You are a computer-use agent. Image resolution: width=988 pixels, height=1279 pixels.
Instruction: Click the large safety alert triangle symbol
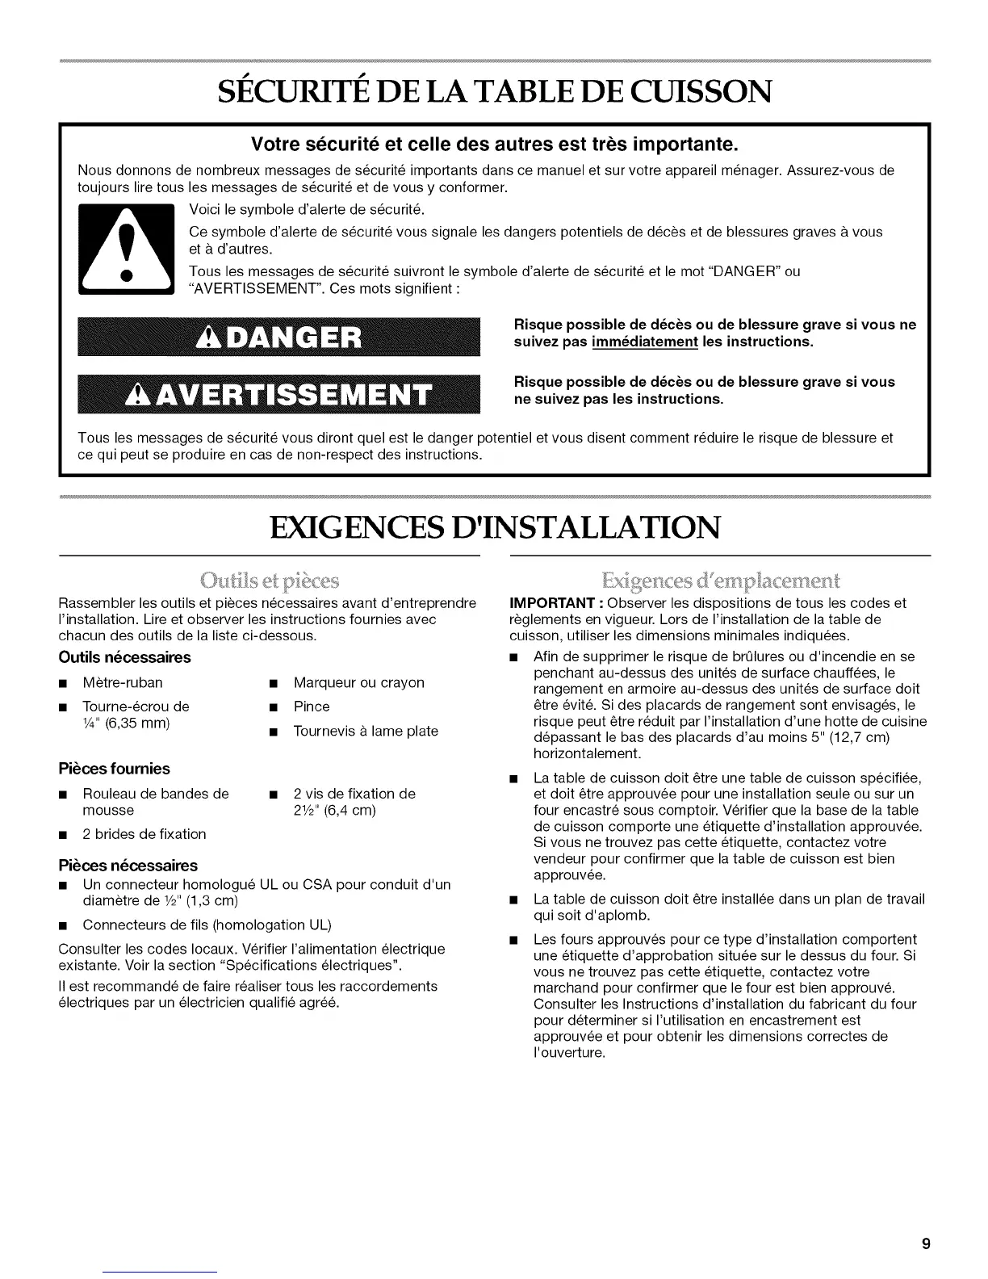click(x=125, y=251)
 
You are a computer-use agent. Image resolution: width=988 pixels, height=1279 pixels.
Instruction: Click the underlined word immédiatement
click(x=644, y=342)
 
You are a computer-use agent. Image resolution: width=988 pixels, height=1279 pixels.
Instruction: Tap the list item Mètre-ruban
click(x=123, y=682)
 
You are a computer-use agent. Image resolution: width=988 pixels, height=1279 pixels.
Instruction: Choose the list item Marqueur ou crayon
click(x=358, y=682)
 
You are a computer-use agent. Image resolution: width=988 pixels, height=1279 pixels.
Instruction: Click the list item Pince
click(x=312, y=707)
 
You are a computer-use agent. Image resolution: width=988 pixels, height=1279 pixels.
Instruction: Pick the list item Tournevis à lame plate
click(x=366, y=731)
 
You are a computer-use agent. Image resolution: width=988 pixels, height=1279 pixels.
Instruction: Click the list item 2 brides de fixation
click(x=144, y=834)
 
